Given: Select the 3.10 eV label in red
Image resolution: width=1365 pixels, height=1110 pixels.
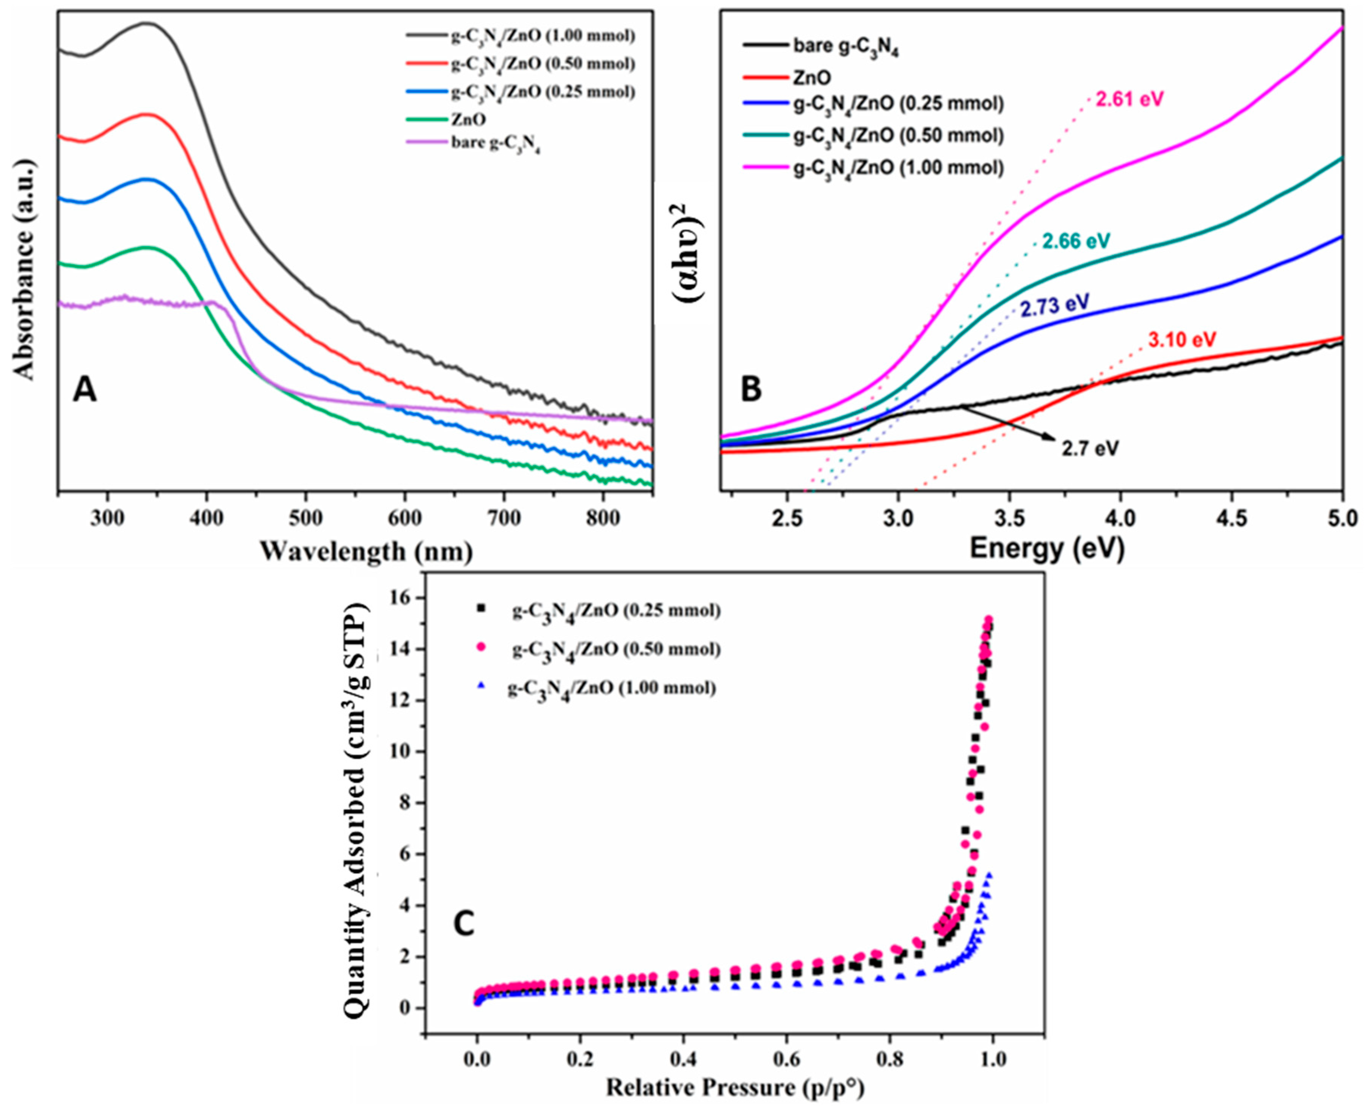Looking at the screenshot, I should click(x=1181, y=340).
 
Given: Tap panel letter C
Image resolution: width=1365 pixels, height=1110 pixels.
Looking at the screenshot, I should click(x=463, y=923).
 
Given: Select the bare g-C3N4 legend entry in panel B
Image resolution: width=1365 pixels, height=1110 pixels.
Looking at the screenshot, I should click(x=845, y=47).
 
